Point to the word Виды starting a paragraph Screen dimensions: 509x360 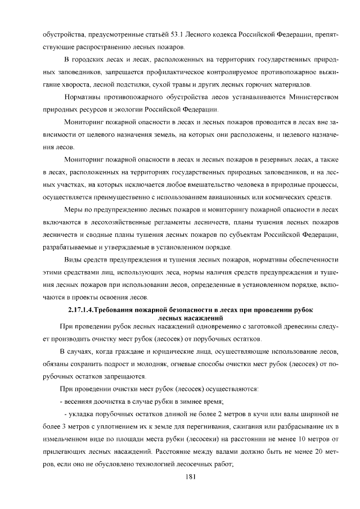click(74, 259)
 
